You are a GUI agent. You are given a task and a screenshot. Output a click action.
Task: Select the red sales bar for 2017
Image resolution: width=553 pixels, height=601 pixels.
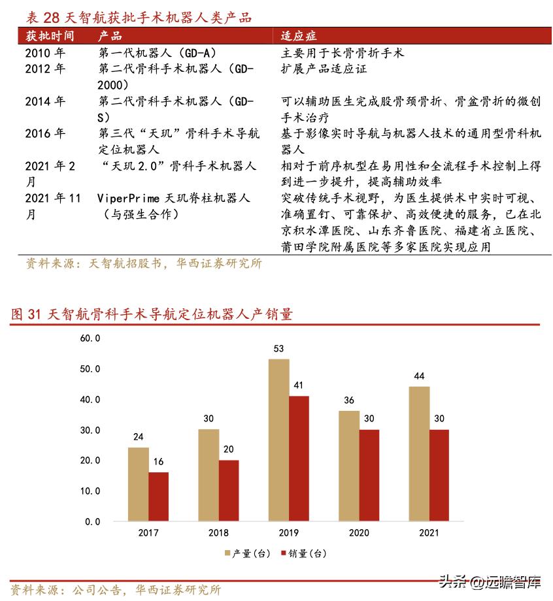(158, 496)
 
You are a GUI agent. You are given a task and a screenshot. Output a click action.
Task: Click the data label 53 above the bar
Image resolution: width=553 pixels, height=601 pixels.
(278, 348)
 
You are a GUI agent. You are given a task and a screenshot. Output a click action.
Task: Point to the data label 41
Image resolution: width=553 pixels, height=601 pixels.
(299, 385)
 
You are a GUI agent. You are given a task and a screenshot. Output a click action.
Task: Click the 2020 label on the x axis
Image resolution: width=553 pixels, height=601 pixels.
(359, 533)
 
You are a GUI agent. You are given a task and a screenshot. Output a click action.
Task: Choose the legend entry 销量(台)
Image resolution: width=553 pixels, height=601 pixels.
(303, 554)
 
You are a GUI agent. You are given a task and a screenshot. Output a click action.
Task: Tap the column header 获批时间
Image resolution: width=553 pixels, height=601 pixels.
(50, 36)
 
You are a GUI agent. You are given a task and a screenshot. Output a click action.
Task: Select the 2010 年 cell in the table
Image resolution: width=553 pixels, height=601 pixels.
(46, 53)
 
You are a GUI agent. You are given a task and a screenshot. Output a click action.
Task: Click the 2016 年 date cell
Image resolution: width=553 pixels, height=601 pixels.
(46, 133)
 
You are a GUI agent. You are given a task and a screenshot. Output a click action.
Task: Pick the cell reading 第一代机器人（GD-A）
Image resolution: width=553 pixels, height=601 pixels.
(157, 53)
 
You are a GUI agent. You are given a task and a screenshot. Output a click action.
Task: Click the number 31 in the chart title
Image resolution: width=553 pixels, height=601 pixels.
(35, 314)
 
